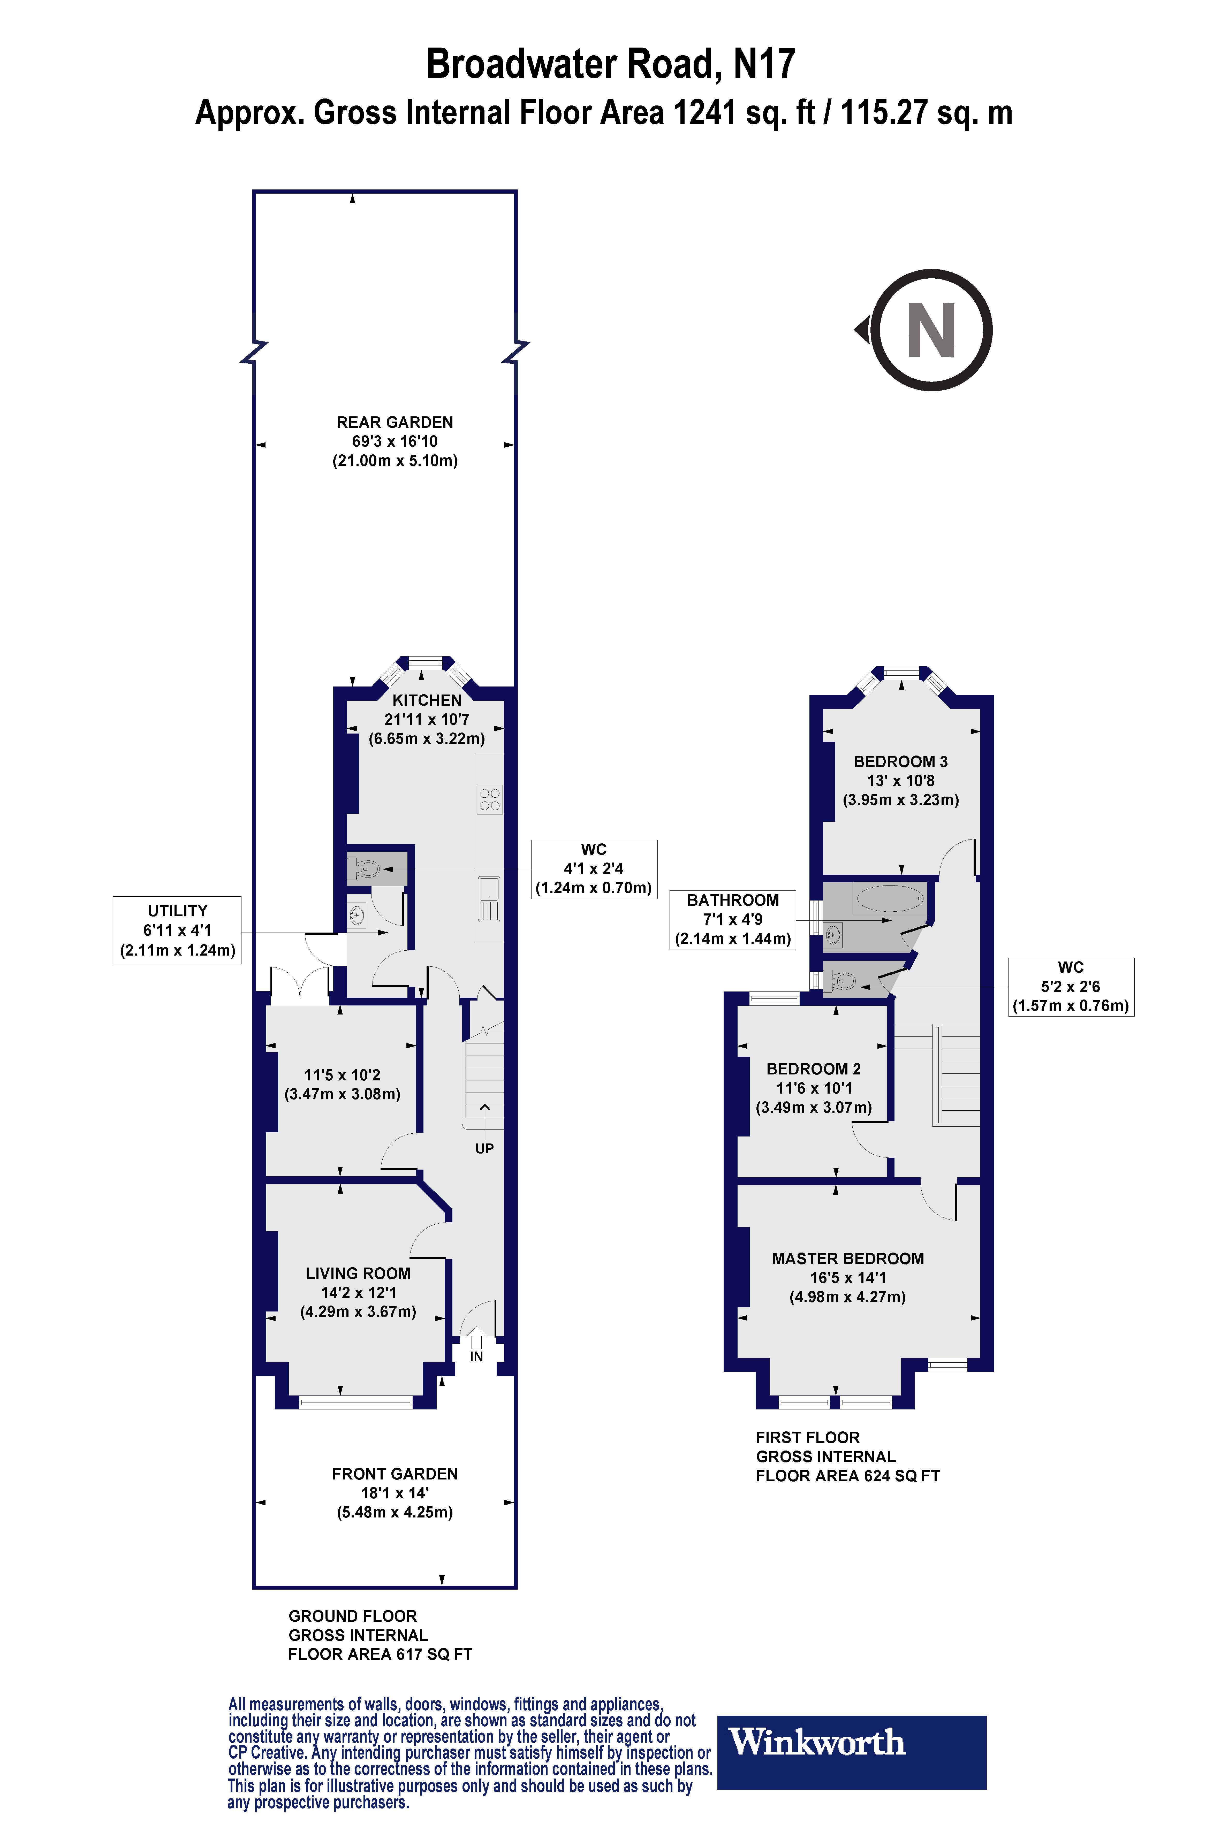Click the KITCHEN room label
click(x=427, y=700)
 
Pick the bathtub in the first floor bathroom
click(x=890, y=899)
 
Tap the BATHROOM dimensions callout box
click(x=733, y=919)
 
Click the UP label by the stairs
click(x=484, y=1148)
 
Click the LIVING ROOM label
click(x=358, y=1273)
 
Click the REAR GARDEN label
click(x=395, y=422)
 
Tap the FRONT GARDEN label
click(x=395, y=1474)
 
